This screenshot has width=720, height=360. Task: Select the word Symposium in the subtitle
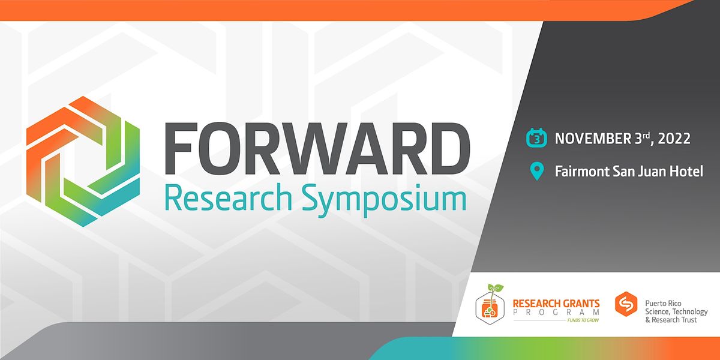coord(383,199)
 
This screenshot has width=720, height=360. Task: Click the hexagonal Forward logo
coord(83,161)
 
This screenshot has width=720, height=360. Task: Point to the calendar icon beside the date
coord(536,139)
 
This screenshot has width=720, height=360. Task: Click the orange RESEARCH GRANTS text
coord(556,304)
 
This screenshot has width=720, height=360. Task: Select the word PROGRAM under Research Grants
coord(556,313)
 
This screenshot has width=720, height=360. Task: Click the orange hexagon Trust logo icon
coord(626,304)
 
